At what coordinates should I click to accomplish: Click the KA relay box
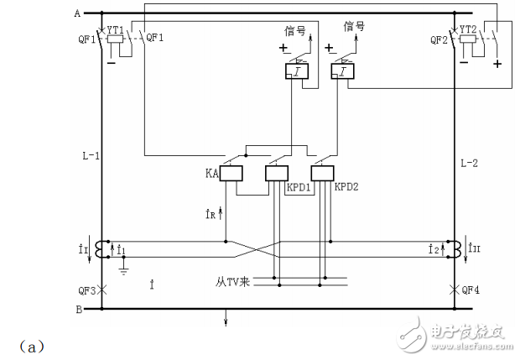[x=231, y=174]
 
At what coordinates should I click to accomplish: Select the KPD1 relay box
[x=277, y=174]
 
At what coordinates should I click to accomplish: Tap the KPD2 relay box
[x=322, y=174]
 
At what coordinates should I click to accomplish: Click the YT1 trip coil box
[x=117, y=39]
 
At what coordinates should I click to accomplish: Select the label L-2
[x=471, y=160]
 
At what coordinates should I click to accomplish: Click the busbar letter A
[x=76, y=13]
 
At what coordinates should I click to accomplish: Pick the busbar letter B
[x=76, y=309]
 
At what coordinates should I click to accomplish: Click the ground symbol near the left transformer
[x=122, y=270]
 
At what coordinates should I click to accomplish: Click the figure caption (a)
[x=19, y=345]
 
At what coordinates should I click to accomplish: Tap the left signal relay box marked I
[x=298, y=73]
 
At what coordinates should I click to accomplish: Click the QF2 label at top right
[x=438, y=39]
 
